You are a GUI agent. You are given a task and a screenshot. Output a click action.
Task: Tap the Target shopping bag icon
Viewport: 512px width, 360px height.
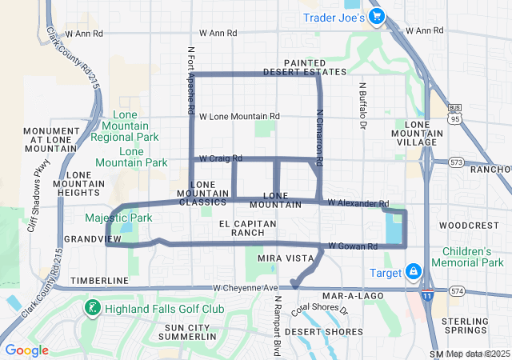pyautogui.click(x=413, y=272)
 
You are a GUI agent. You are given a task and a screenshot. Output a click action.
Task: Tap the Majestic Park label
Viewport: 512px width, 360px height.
pyautogui.click(x=118, y=218)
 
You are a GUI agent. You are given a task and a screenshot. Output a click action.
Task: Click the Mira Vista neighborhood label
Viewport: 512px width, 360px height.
pyautogui.click(x=279, y=259)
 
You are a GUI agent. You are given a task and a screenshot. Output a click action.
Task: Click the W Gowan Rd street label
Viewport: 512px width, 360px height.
pyautogui.click(x=352, y=246)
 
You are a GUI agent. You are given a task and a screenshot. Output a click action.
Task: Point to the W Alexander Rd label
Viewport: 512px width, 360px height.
pyautogui.click(x=358, y=204)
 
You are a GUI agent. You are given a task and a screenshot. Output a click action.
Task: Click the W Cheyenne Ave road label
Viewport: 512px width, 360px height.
pyautogui.click(x=245, y=288)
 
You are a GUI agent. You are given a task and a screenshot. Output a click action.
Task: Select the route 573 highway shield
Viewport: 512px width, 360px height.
pyautogui.click(x=458, y=162)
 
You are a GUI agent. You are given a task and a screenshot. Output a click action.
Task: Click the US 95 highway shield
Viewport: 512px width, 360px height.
pyautogui.click(x=456, y=118)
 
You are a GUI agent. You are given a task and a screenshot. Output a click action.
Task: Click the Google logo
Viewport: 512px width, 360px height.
pyautogui.click(x=26, y=350)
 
